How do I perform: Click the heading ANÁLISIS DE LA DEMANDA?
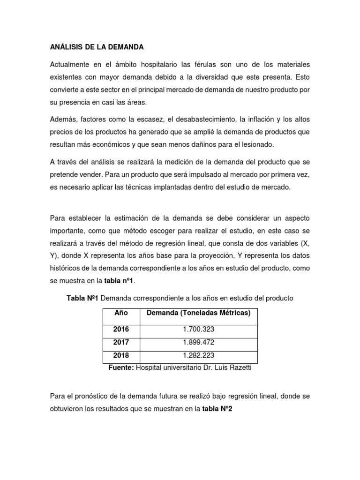tap(97, 47)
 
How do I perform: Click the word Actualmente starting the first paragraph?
tap(71, 64)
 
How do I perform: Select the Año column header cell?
tap(120, 313)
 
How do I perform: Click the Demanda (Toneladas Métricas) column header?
tap(199, 313)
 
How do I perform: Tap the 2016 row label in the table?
tap(120, 330)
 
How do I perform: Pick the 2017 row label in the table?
tap(120, 343)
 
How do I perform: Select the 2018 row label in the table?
tap(120, 356)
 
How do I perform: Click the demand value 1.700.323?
tap(199, 330)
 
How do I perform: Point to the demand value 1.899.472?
tap(199, 343)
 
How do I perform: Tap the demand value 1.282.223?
tap(199, 356)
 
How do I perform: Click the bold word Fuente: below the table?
tap(121, 368)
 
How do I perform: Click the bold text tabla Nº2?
tap(217, 408)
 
